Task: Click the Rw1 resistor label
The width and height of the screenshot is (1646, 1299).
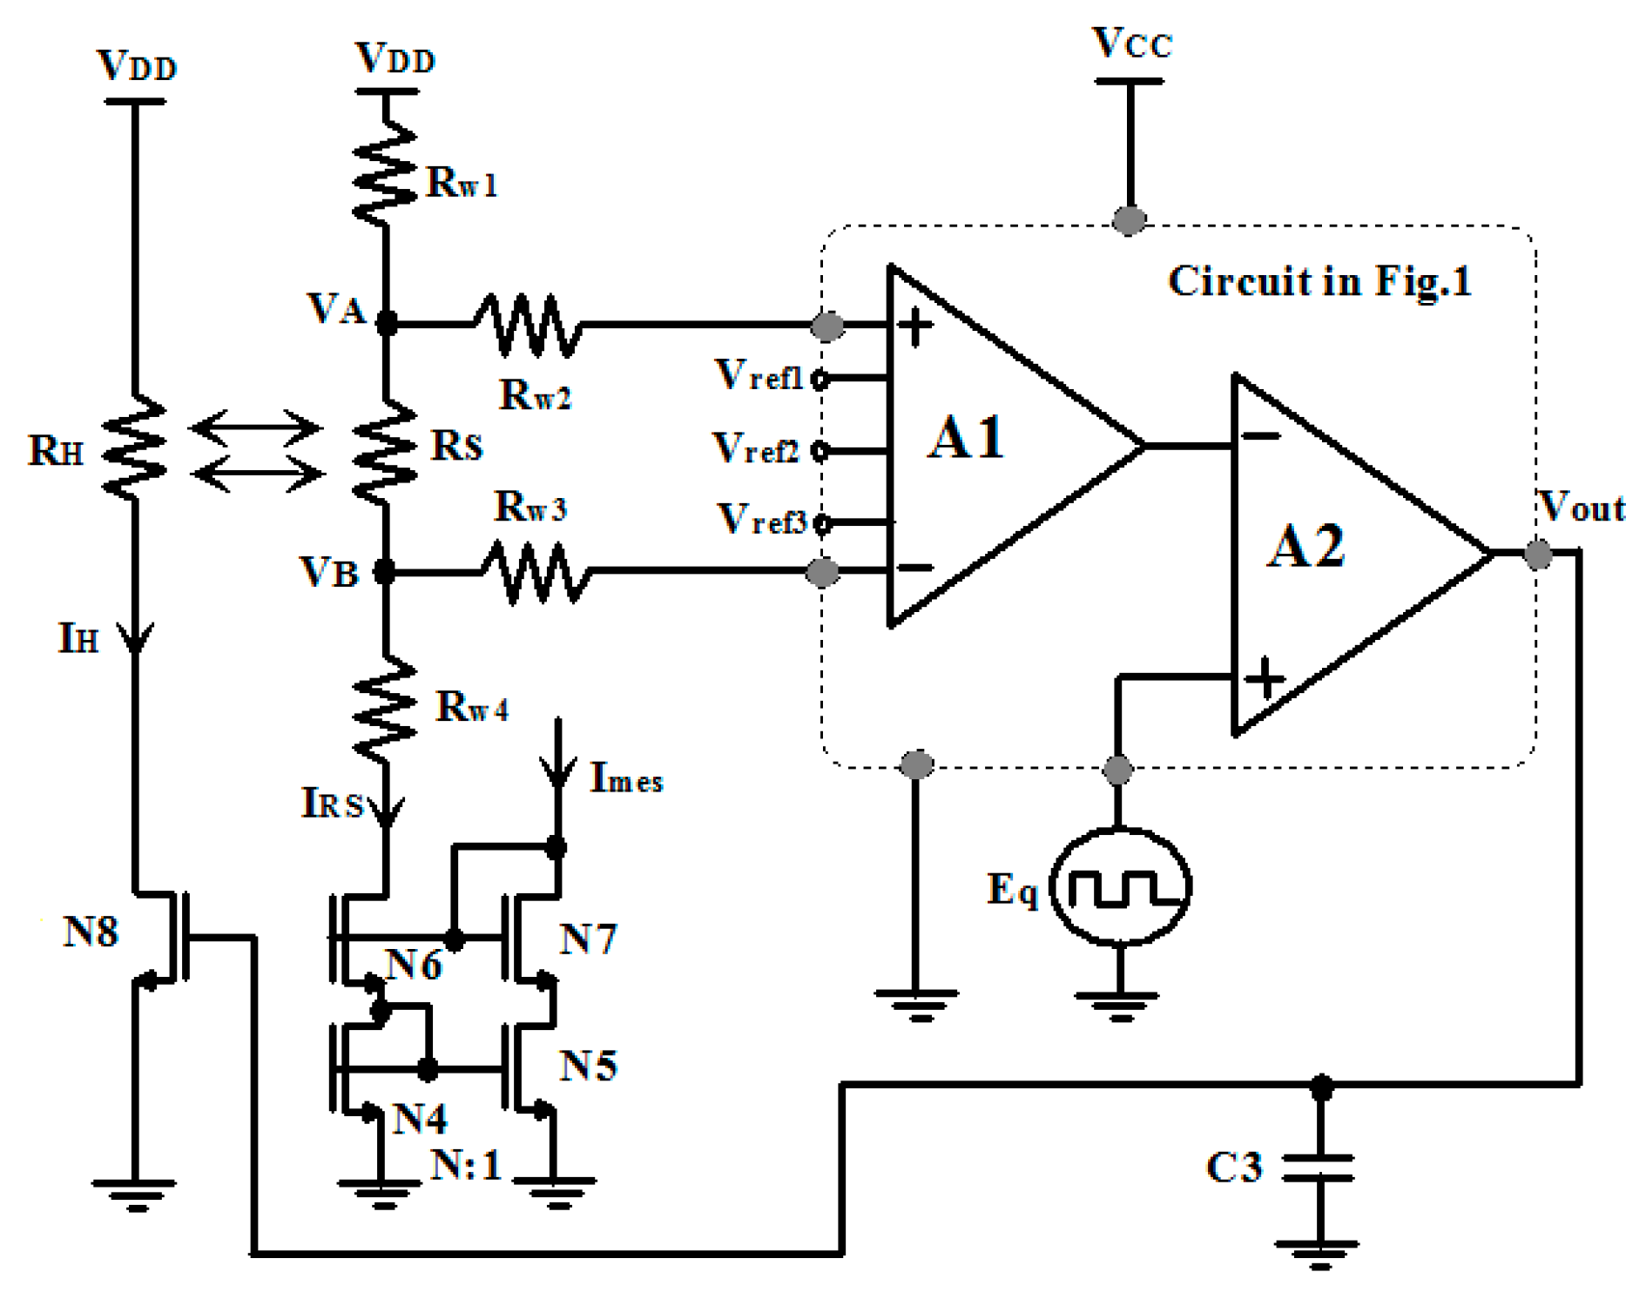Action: click(x=462, y=183)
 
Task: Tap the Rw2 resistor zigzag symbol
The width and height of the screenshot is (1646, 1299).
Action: click(x=528, y=326)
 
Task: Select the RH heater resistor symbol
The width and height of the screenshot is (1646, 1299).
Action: click(x=135, y=448)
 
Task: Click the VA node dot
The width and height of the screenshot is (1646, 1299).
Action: click(x=386, y=324)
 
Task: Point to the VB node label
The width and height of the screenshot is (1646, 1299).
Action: click(x=328, y=572)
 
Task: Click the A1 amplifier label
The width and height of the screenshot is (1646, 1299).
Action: click(x=965, y=437)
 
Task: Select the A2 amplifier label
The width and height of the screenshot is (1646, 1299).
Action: click(x=1305, y=547)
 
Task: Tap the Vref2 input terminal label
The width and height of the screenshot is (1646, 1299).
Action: click(x=756, y=449)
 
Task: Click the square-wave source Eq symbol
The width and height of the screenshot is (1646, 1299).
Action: click(x=1120, y=886)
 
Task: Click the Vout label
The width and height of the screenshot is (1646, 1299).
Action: click(x=1582, y=507)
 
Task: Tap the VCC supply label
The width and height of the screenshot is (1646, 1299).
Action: click(x=1132, y=44)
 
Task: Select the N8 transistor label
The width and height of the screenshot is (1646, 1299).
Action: click(x=91, y=932)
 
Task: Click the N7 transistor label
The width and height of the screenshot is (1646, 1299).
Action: click(x=588, y=939)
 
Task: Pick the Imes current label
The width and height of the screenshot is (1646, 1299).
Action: click(x=625, y=777)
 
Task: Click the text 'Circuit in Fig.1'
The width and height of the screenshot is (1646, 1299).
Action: click(x=1319, y=281)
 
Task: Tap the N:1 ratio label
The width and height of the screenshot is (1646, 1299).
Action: click(x=467, y=1164)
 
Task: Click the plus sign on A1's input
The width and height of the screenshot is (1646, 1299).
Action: click(x=914, y=327)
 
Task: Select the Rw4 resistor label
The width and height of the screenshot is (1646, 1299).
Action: click(x=471, y=706)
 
